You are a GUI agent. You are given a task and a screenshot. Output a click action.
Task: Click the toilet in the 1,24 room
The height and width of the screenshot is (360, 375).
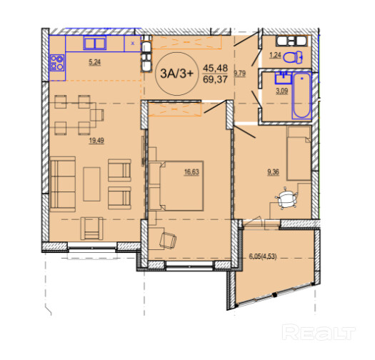(293, 57)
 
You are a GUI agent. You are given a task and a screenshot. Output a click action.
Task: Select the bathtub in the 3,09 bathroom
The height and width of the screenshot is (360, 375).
(301, 96)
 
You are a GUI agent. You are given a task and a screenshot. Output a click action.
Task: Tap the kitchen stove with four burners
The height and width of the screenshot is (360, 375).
(57, 63)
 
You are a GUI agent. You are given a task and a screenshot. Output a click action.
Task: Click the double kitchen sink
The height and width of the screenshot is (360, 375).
(95, 43)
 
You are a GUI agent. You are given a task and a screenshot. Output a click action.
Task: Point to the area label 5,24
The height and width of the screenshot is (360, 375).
(95, 62)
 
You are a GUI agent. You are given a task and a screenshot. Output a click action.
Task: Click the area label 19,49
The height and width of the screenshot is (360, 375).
(96, 141)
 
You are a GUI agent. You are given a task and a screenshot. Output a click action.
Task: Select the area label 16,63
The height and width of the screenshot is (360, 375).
(191, 172)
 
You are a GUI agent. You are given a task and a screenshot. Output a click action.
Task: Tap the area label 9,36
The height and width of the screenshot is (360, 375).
(273, 172)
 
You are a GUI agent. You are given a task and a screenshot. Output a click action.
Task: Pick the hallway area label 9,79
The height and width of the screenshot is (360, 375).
(239, 73)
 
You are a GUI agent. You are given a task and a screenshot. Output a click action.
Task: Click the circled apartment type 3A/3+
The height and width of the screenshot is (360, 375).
(176, 74)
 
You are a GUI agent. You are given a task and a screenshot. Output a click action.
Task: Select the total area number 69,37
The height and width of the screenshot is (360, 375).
(215, 79)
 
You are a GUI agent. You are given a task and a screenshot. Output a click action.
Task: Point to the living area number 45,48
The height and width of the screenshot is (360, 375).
(215, 68)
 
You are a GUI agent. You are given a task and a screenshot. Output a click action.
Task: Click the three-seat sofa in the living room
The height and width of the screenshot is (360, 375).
(63, 184)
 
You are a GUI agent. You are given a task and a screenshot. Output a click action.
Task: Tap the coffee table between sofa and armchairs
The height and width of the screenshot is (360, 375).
(92, 184)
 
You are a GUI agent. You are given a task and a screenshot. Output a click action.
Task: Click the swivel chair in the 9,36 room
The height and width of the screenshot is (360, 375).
(286, 199)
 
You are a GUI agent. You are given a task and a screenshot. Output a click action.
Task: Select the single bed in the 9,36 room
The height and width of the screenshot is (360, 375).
(299, 153)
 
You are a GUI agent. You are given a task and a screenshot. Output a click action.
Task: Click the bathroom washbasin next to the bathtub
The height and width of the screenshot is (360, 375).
(284, 78)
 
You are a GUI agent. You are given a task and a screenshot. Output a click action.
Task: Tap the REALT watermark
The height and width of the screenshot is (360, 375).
(319, 332)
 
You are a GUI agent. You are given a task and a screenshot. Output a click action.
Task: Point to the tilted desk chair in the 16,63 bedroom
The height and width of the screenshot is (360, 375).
(168, 240)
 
